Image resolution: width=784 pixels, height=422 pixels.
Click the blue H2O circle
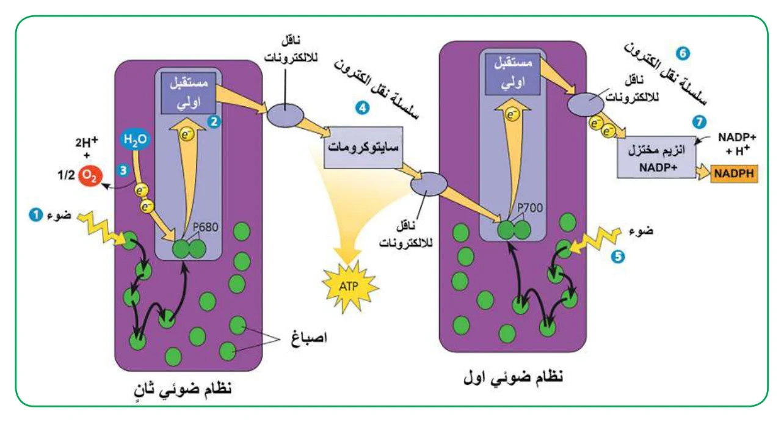pos(136,139)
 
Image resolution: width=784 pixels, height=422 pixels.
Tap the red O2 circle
pos(90,176)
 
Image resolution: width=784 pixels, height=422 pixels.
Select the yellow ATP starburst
pos(350,286)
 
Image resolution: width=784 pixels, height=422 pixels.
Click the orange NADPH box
pos(734,173)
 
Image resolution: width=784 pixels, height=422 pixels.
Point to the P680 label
pos(205,227)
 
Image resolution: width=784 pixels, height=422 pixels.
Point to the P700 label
pos(530,208)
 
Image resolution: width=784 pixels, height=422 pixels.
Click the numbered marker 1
pos(35,215)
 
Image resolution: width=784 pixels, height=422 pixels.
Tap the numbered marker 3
pos(123,170)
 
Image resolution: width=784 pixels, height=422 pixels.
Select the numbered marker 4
pos(363,108)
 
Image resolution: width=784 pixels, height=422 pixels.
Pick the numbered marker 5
pos(618,256)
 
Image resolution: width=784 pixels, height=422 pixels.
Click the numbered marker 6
pos(683,54)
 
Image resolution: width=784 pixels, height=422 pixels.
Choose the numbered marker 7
pos(699,122)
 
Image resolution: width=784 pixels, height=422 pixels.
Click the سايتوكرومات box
pos(363,147)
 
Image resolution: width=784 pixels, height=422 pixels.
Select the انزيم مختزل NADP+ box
pos(656,158)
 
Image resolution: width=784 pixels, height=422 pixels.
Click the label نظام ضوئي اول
pos(514,377)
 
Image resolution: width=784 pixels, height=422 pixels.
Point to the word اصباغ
pos(309,338)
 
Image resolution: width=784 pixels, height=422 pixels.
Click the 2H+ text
pos(87,142)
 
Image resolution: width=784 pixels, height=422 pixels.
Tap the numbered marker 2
pos(214,122)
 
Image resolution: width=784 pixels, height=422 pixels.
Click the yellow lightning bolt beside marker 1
pos(101,228)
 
